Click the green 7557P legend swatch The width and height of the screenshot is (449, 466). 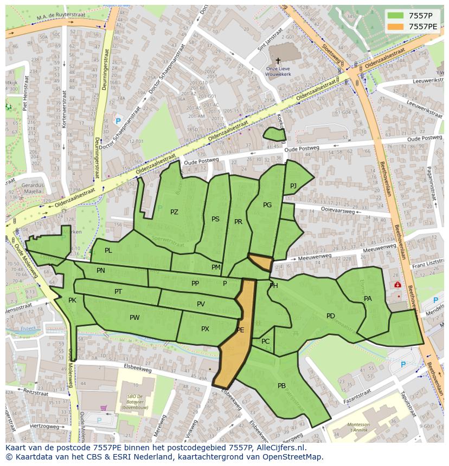coord(396,15)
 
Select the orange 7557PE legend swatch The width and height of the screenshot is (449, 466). coord(396,26)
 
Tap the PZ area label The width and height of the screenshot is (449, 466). coord(174,212)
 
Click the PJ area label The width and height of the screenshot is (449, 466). coord(293,186)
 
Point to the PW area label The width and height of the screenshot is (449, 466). coord(134,318)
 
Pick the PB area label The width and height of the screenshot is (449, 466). coord(281,386)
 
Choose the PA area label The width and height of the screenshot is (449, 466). coord(368,299)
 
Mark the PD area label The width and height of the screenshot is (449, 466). coord(330,316)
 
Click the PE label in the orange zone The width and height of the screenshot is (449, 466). coord(240,330)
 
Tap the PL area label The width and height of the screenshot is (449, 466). coord(108,251)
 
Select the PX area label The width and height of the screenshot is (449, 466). coord(205,329)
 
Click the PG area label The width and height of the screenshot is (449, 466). coord(267,205)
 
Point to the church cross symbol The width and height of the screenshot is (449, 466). coord(278,61)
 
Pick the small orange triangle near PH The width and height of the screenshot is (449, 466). coord(261,262)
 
